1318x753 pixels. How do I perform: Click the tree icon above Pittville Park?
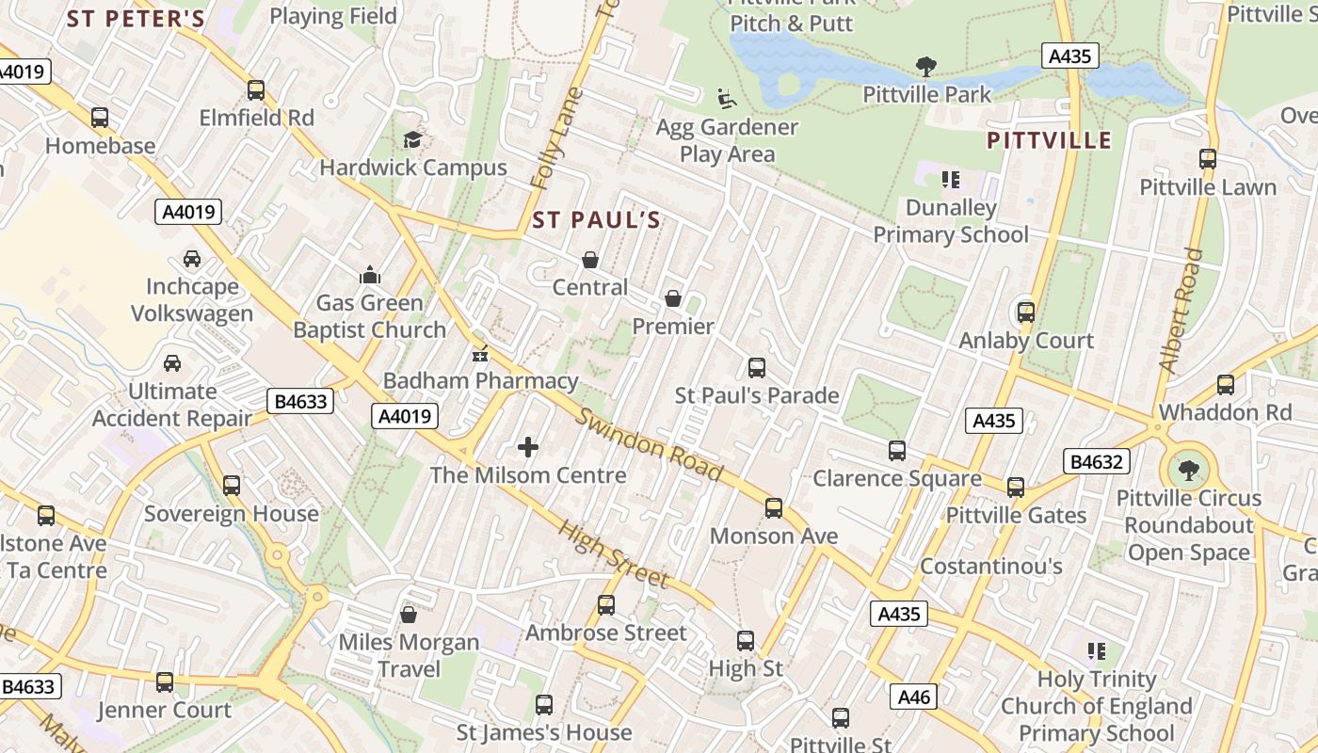click(x=926, y=66)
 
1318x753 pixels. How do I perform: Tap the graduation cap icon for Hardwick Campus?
click(x=412, y=140)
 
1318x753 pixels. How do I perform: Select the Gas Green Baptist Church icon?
click(x=369, y=275)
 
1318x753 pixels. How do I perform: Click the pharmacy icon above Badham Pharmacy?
click(x=480, y=354)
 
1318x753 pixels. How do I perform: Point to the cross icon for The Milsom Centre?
click(x=528, y=447)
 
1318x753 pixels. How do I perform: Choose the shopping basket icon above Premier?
click(x=673, y=299)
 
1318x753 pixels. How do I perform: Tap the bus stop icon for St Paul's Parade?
click(x=756, y=367)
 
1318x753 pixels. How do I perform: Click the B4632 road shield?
click(x=1097, y=461)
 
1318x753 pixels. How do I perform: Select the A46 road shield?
click(x=914, y=697)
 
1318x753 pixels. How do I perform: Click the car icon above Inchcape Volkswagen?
click(x=191, y=259)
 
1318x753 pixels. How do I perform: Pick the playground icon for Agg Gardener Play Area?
click(x=726, y=98)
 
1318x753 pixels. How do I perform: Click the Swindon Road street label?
click(x=650, y=444)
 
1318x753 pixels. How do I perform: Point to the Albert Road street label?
click(x=1181, y=310)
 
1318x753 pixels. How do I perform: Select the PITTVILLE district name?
click(x=1049, y=141)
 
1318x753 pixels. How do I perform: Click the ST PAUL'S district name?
click(x=597, y=220)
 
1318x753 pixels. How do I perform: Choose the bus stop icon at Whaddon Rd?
click(x=1225, y=384)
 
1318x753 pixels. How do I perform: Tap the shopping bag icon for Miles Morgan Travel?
click(x=409, y=615)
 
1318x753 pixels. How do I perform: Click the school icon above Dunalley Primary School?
click(x=950, y=179)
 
